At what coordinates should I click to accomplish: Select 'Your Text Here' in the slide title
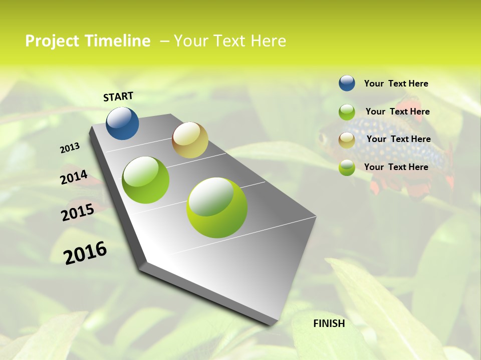(230, 41)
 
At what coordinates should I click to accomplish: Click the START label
(118, 96)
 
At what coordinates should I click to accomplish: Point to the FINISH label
(329, 323)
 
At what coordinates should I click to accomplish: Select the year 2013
(70, 148)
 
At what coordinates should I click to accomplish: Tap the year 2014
(74, 177)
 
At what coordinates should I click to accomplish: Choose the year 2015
(78, 212)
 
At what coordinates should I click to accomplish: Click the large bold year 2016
(85, 253)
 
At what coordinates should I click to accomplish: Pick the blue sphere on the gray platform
(122, 123)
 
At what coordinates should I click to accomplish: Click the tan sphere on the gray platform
(190, 140)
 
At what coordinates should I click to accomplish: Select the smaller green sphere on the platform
(146, 180)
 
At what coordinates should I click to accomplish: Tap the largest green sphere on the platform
(216, 207)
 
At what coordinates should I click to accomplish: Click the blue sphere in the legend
(347, 83)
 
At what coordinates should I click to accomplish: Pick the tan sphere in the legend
(347, 140)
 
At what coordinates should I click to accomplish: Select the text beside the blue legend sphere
(396, 83)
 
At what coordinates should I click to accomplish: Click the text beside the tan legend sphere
(398, 139)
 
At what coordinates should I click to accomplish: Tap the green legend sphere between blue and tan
(347, 112)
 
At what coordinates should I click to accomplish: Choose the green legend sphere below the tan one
(347, 167)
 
